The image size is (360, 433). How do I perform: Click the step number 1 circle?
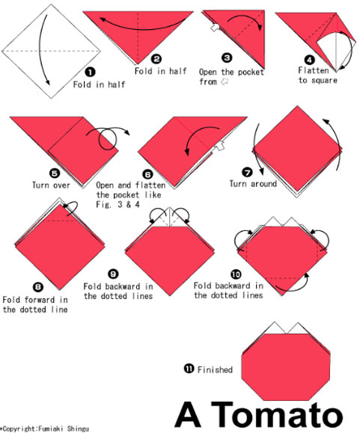(90, 73)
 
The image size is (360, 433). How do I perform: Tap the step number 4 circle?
(309, 60)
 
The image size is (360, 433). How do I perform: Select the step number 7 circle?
(247, 172)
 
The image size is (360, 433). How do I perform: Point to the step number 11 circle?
(189, 369)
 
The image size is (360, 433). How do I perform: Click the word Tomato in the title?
(277, 414)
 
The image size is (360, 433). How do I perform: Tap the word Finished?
(215, 369)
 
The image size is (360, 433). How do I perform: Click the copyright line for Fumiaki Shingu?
(45, 429)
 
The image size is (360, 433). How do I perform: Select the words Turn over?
(51, 185)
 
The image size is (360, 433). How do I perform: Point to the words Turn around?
(253, 184)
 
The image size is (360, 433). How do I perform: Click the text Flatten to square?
(318, 75)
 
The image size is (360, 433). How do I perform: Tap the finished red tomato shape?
(286, 366)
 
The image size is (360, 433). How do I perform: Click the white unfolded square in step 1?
(52, 52)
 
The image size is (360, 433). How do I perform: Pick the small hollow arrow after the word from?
(225, 82)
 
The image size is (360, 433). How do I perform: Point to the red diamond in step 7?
(297, 149)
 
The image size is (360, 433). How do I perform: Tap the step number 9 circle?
(113, 274)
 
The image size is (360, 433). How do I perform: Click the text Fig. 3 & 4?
(118, 205)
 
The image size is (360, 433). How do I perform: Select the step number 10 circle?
(236, 274)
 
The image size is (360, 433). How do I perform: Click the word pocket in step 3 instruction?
(251, 73)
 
